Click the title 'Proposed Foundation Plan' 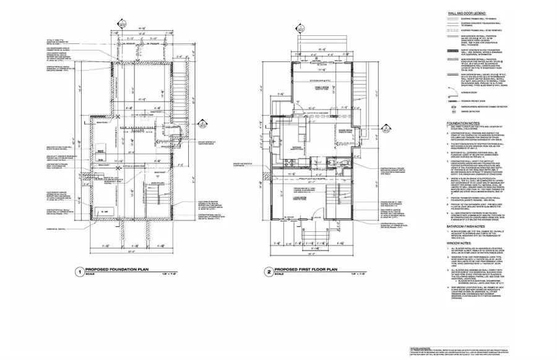(x=118, y=270)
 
